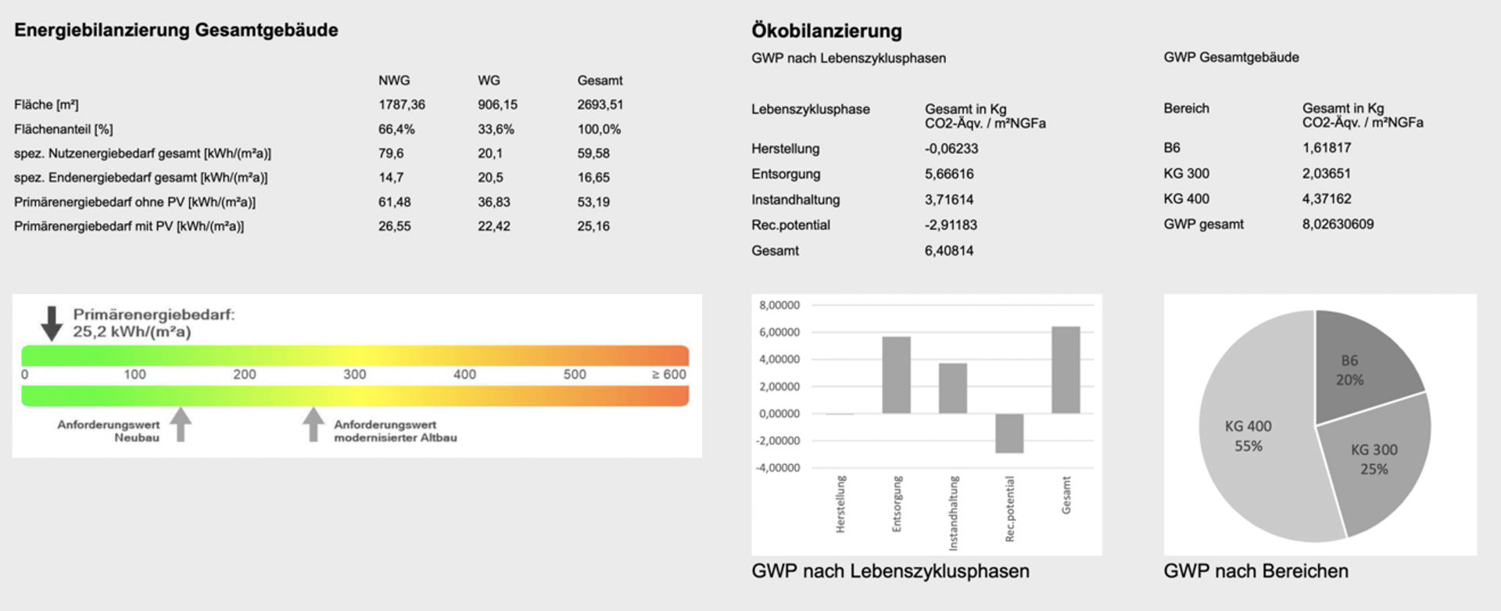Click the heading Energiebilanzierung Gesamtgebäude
(176, 31)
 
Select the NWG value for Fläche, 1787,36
(401, 105)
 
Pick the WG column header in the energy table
(489, 81)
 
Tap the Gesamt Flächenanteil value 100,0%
(599, 129)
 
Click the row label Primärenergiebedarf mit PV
(129, 226)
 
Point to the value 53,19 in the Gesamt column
(593, 202)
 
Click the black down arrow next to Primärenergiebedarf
(52, 323)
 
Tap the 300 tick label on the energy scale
(354, 375)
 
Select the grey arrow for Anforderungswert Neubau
(181, 424)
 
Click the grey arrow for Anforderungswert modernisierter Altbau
(313, 424)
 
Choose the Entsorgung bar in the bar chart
(896, 375)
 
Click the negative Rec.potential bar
(1009, 433)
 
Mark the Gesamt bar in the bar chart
(1066, 369)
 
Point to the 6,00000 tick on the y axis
(779, 332)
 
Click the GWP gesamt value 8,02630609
(1338, 225)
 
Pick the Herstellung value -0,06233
(951, 149)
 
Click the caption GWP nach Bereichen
(1256, 571)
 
